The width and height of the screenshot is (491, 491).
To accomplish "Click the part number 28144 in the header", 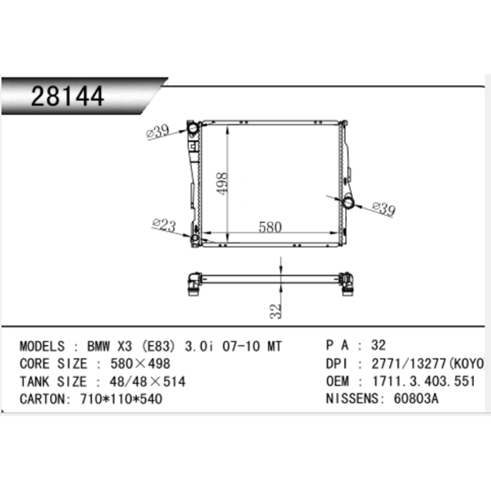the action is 67,96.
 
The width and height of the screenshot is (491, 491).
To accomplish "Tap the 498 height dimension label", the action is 222,183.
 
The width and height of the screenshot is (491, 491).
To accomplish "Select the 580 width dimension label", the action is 270,227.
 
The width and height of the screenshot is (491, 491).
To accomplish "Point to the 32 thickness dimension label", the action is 276,311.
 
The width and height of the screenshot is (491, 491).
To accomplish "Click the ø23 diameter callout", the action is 164,225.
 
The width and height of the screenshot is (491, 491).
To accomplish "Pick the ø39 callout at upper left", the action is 158,131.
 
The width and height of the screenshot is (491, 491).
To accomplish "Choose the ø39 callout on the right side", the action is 384,209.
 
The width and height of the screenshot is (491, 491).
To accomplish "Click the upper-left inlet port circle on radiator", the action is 192,128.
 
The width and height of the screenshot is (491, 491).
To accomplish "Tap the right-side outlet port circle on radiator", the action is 348,202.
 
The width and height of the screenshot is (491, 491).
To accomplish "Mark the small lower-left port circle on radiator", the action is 195,238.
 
